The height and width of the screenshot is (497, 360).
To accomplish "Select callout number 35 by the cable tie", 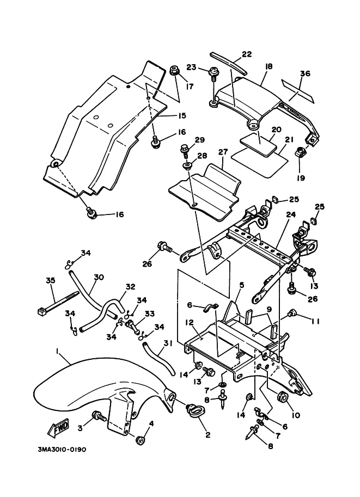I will click(x=51, y=281).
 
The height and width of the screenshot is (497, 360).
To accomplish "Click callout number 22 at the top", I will click(x=247, y=54).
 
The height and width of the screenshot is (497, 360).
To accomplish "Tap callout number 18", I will click(x=268, y=66).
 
